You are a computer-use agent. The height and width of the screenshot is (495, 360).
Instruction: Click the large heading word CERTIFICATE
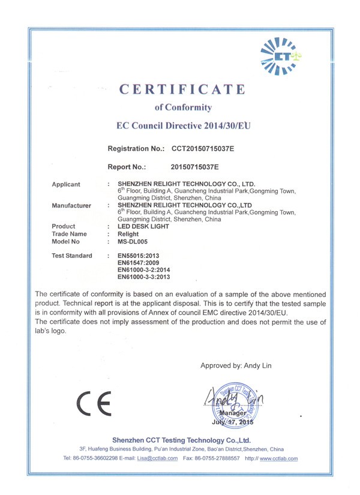click(x=182, y=90)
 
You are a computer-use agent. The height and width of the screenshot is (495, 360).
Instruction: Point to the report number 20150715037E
click(x=195, y=166)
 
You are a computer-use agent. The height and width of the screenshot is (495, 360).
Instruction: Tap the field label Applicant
click(x=66, y=184)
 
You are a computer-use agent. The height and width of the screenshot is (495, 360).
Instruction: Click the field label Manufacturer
click(x=71, y=205)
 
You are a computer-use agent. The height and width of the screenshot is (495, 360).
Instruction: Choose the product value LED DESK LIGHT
click(x=144, y=226)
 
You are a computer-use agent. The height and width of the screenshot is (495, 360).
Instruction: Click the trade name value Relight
click(x=128, y=234)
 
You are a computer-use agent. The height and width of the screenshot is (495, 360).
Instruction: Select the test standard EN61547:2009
click(x=138, y=263)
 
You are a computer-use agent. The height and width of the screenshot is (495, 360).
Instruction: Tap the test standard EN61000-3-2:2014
click(x=144, y=271)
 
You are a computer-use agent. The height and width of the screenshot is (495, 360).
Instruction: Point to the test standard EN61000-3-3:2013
click(x=144, y=278)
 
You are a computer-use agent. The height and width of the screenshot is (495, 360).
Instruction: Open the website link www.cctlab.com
click(x=279, y=458)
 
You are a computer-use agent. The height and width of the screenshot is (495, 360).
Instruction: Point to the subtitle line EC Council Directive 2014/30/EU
click(x=183, y=127)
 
